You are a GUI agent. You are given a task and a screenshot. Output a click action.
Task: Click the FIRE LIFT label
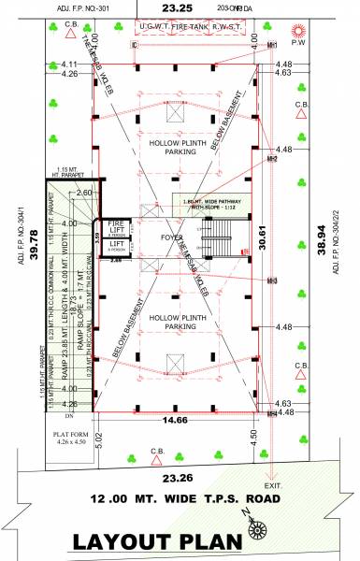[x=116, y=228]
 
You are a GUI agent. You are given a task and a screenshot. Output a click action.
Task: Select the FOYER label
[x=172, y=237]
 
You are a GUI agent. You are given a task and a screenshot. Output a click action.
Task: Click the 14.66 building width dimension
[x=169, y=422]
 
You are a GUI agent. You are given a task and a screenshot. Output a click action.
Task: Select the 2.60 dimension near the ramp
[x=85, y=193]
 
